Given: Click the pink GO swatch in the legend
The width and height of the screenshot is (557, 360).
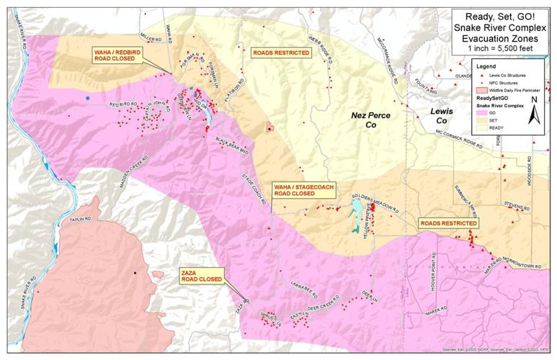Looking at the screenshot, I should click(x=483, y=113).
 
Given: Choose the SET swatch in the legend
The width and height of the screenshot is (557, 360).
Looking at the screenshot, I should click(x=483, y=122).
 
